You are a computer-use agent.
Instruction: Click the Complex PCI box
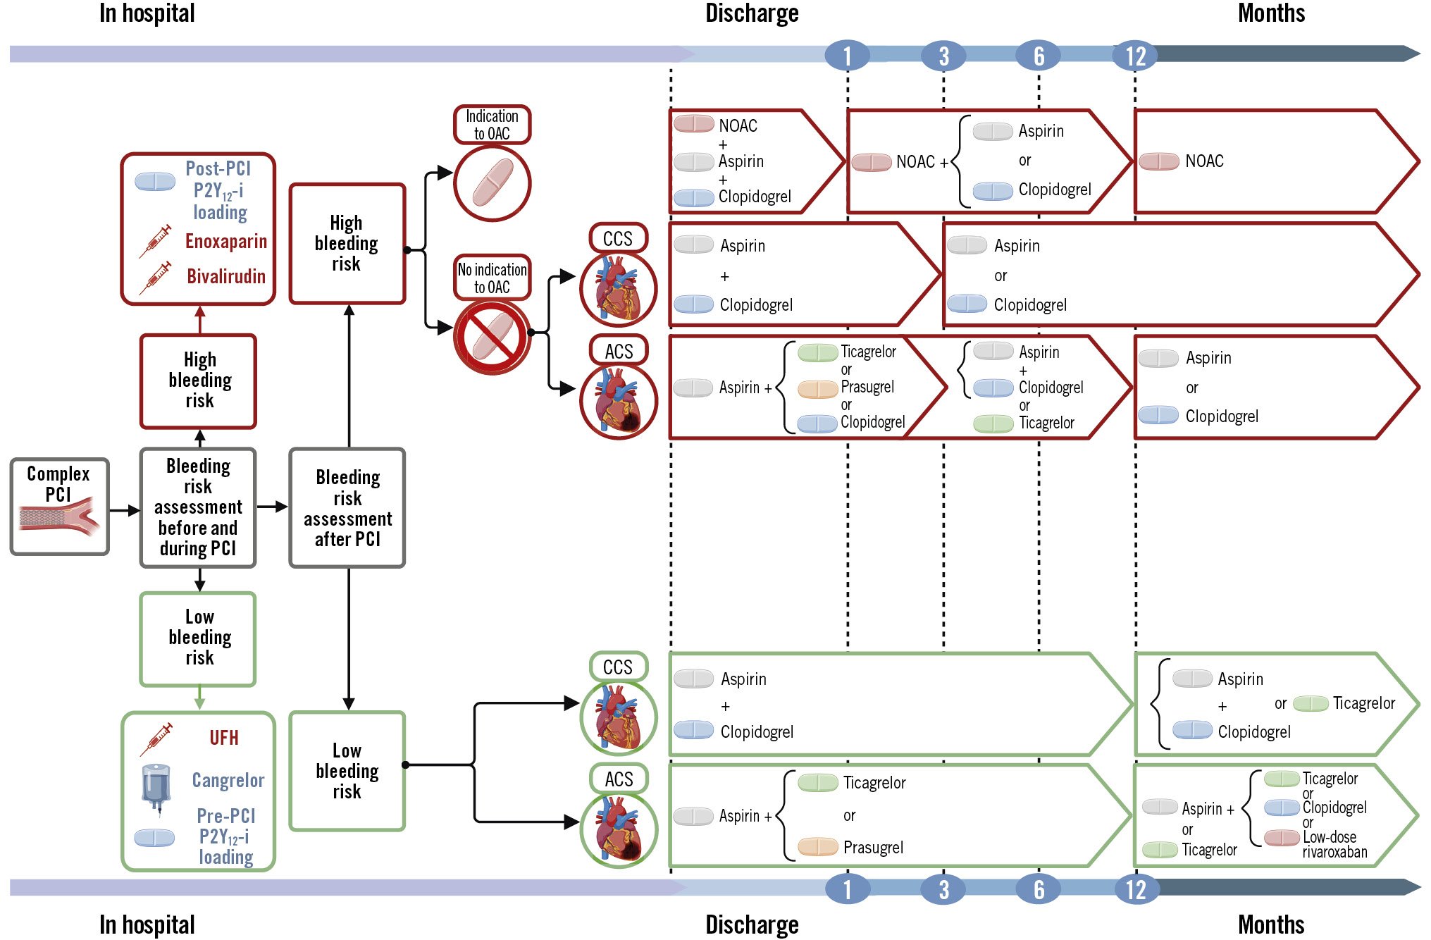pyautogui.click(x=60, y=507)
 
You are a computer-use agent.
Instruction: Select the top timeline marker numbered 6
pyautogui.click(x=1038, y=56)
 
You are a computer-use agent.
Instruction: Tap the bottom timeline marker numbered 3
pyautogui.click(x=943, y=890)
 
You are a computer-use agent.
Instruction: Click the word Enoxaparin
pyautogui.click(x=225, y=242)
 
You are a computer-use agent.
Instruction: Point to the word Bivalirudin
pyautogui.click(x=225, y=276)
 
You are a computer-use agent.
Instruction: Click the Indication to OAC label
pyautogui.click(x=492, y=125)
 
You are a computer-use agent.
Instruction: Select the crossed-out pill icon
pyautogui.click(x=493, y=337)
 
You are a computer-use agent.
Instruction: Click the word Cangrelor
pyautogui.click(x=228, y=780)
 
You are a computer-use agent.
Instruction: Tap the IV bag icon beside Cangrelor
pyautogui.click(x=156, y=787)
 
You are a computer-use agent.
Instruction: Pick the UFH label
pyautogui.click(x=223, y=738)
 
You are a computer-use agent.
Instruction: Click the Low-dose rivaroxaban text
pyautogui.click(x=1334, y=844)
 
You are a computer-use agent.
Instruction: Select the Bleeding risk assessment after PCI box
pyautogui.click(x=347, y=507)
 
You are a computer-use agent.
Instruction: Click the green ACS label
pyautogui.click(x=619, y=779)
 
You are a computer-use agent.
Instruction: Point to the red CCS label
pyautogui.click(x=618, y=239)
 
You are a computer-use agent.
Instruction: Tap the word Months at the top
pyautogui.click(x=1270, y=13)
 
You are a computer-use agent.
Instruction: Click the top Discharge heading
pyautogui.click(x=752, y=13)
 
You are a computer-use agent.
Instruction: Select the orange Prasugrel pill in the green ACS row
pyautogui.click(x=817, y=846)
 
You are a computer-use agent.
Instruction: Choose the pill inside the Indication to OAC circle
pyautogui.click(x=493, y=183)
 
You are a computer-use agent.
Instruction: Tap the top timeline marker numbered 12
pyautogui.click(x=1135, y=56)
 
